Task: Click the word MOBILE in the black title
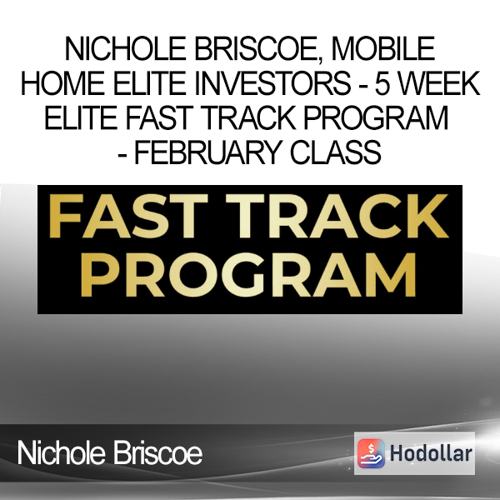(382, 49)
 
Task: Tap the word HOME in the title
(62, 82)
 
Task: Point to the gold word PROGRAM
(248, 274)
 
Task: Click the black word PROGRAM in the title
(376, 117)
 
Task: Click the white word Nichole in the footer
(61, 452)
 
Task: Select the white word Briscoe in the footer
(157, 452)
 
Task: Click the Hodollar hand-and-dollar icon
(371, 453)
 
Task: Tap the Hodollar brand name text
(431, 453)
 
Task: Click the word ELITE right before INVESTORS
(149, 82)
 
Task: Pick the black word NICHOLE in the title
(126, 49)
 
